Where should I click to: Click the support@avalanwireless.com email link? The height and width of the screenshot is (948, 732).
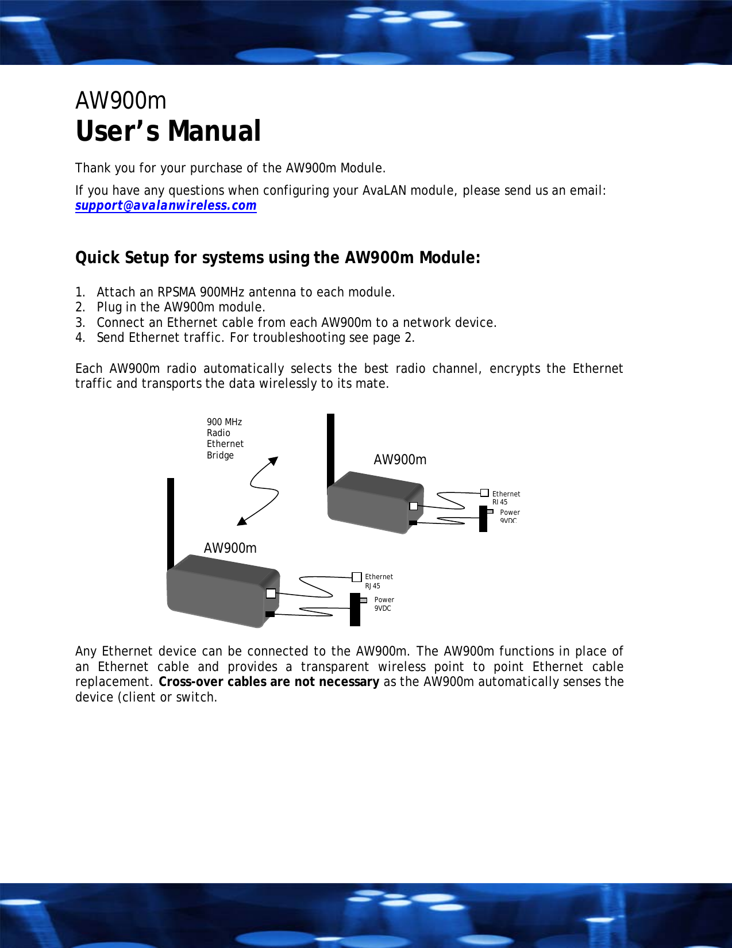pos(165,206)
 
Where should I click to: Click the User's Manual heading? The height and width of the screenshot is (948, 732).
pos(168,131)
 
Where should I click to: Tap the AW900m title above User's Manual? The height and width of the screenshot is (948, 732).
pos(121,101)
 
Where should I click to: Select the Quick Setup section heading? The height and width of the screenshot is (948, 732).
pos(278,257)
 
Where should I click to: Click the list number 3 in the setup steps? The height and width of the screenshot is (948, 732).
pos(80,323)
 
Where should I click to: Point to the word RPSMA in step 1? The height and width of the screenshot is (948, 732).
pos(176,292)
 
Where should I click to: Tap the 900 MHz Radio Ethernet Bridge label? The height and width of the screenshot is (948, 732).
pos(225,438)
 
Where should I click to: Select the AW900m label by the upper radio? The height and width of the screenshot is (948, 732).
pos(400,460)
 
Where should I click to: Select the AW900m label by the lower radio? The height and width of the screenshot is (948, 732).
pos(230,548)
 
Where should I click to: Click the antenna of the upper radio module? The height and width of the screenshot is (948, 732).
pos(330,448)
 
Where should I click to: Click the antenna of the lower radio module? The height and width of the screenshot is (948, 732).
pos(171,520)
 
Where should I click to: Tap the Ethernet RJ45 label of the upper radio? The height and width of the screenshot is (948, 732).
pos(506,498)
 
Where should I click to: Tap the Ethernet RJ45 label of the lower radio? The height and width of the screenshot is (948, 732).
pos(379,581)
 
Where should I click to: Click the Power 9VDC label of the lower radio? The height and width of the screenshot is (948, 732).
pos(384,604)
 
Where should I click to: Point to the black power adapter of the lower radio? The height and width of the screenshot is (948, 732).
pos(355,610)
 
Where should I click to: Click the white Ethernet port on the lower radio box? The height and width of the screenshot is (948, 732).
pos(271,594)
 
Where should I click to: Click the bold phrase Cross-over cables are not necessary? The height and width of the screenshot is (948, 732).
pos(268,682)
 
